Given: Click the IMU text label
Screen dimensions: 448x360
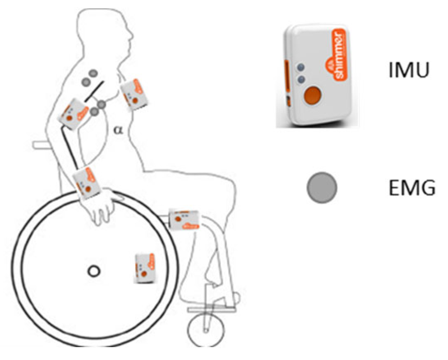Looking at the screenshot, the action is tap(409, 70).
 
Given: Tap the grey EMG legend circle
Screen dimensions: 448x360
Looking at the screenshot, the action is tap(322, 188).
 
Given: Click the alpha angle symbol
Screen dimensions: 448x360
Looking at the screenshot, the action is tap(118, 130).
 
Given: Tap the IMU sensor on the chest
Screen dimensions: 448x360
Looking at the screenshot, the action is tap(134, 94).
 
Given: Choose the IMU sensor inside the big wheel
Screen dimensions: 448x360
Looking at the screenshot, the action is tap(145, 268).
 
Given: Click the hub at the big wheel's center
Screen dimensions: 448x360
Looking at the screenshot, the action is tap(94, 271).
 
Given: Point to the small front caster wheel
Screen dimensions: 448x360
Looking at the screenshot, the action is tap(206, 330).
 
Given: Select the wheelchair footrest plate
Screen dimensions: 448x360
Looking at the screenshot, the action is tap(212, 309).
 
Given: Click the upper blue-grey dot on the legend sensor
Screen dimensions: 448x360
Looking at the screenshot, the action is tap(300, 67).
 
